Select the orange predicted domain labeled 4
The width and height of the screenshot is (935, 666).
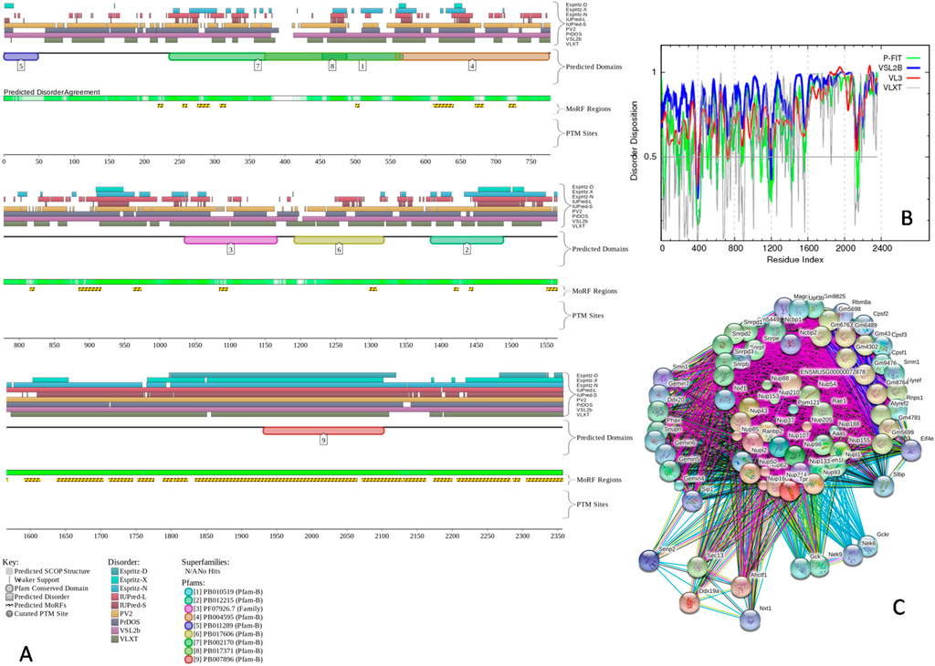(472, 57)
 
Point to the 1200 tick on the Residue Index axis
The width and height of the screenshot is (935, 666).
(771, 247)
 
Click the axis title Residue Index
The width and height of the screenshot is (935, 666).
(770, 259)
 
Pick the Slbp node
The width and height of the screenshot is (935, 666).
(883, 484)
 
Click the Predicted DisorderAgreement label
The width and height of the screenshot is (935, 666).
(52, 91)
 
